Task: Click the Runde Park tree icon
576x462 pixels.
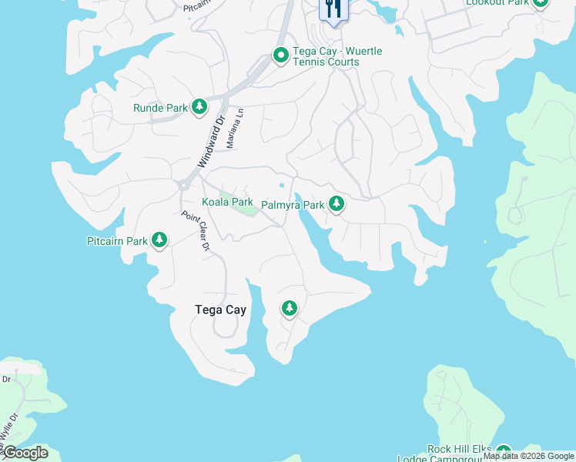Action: coord(199,107)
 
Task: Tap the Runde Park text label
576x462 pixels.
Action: coord(160,108)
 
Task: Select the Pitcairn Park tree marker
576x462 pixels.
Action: coord(159,240)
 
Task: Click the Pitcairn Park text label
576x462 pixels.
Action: coord(116,241)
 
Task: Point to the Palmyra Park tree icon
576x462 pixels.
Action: coord(336,204)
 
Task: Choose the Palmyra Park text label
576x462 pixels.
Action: coord(293,205)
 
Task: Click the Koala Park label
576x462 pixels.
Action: coord(227,202)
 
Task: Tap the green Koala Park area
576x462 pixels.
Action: coord(244,204)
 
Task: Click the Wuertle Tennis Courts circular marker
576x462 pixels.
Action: coord(281,55)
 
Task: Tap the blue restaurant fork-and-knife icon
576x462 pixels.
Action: coord(333,9)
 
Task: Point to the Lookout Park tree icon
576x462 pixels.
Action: coord(541,3)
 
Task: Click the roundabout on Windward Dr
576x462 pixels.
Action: coord(184,185)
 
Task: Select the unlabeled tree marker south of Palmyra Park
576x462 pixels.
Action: coord(290,309)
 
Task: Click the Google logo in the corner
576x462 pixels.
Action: coord(25,453)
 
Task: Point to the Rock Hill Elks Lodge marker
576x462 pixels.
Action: coord(504,452)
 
